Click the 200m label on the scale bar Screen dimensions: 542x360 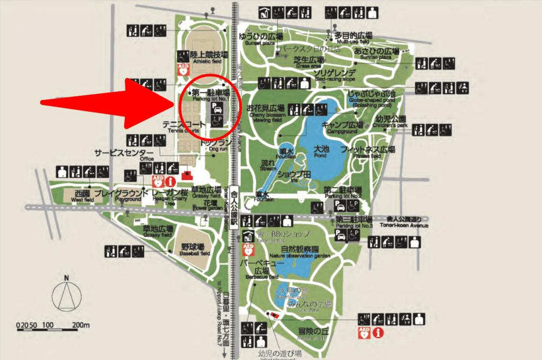coord(81,325)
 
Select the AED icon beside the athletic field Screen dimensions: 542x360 coord(183,69)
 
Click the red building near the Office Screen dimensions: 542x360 coord(186,175)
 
